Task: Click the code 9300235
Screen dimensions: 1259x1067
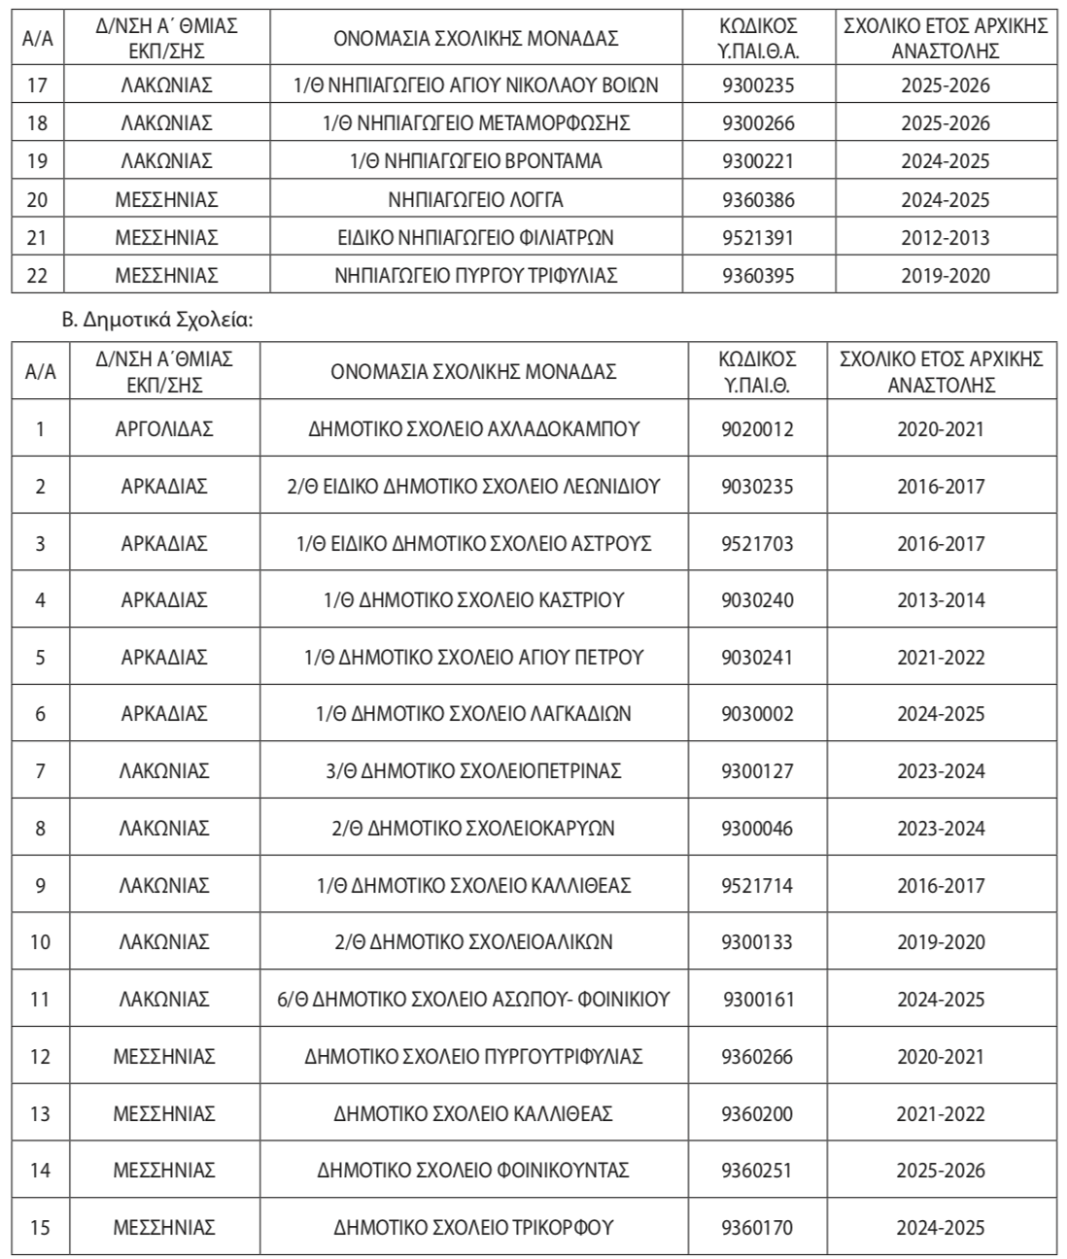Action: (758, 85)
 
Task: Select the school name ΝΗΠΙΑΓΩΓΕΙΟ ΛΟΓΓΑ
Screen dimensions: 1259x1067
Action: (475, 200)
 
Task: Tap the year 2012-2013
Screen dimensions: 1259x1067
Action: (945, 238)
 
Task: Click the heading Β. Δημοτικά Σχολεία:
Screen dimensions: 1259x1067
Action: (157, 317)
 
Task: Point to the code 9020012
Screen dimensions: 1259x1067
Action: (757, 428)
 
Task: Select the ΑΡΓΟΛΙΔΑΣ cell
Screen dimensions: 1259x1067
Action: (164, 428)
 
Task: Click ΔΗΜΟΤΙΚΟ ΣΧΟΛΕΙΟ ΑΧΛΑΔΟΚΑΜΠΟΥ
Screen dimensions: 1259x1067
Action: (474, 428)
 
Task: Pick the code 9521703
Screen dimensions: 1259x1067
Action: (757, 543)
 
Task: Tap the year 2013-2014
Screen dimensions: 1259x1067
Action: (941, 600)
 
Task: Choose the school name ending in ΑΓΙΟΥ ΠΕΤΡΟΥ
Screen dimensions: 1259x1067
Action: (474, 658)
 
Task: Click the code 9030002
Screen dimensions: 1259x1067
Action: (757, 714)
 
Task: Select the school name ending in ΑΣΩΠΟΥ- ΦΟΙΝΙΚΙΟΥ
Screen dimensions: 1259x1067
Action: (474, 1000)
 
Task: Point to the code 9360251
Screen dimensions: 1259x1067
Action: (757, 1171)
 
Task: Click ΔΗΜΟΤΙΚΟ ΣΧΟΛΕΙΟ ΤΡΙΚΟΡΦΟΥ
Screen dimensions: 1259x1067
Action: (474, 1228)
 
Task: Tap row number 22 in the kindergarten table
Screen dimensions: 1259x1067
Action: (37, 276)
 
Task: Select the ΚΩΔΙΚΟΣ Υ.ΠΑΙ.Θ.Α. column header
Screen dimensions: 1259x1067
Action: (758, 38)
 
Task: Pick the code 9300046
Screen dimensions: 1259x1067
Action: (757, 829)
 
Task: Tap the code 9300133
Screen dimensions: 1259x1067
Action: (757, 942)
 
